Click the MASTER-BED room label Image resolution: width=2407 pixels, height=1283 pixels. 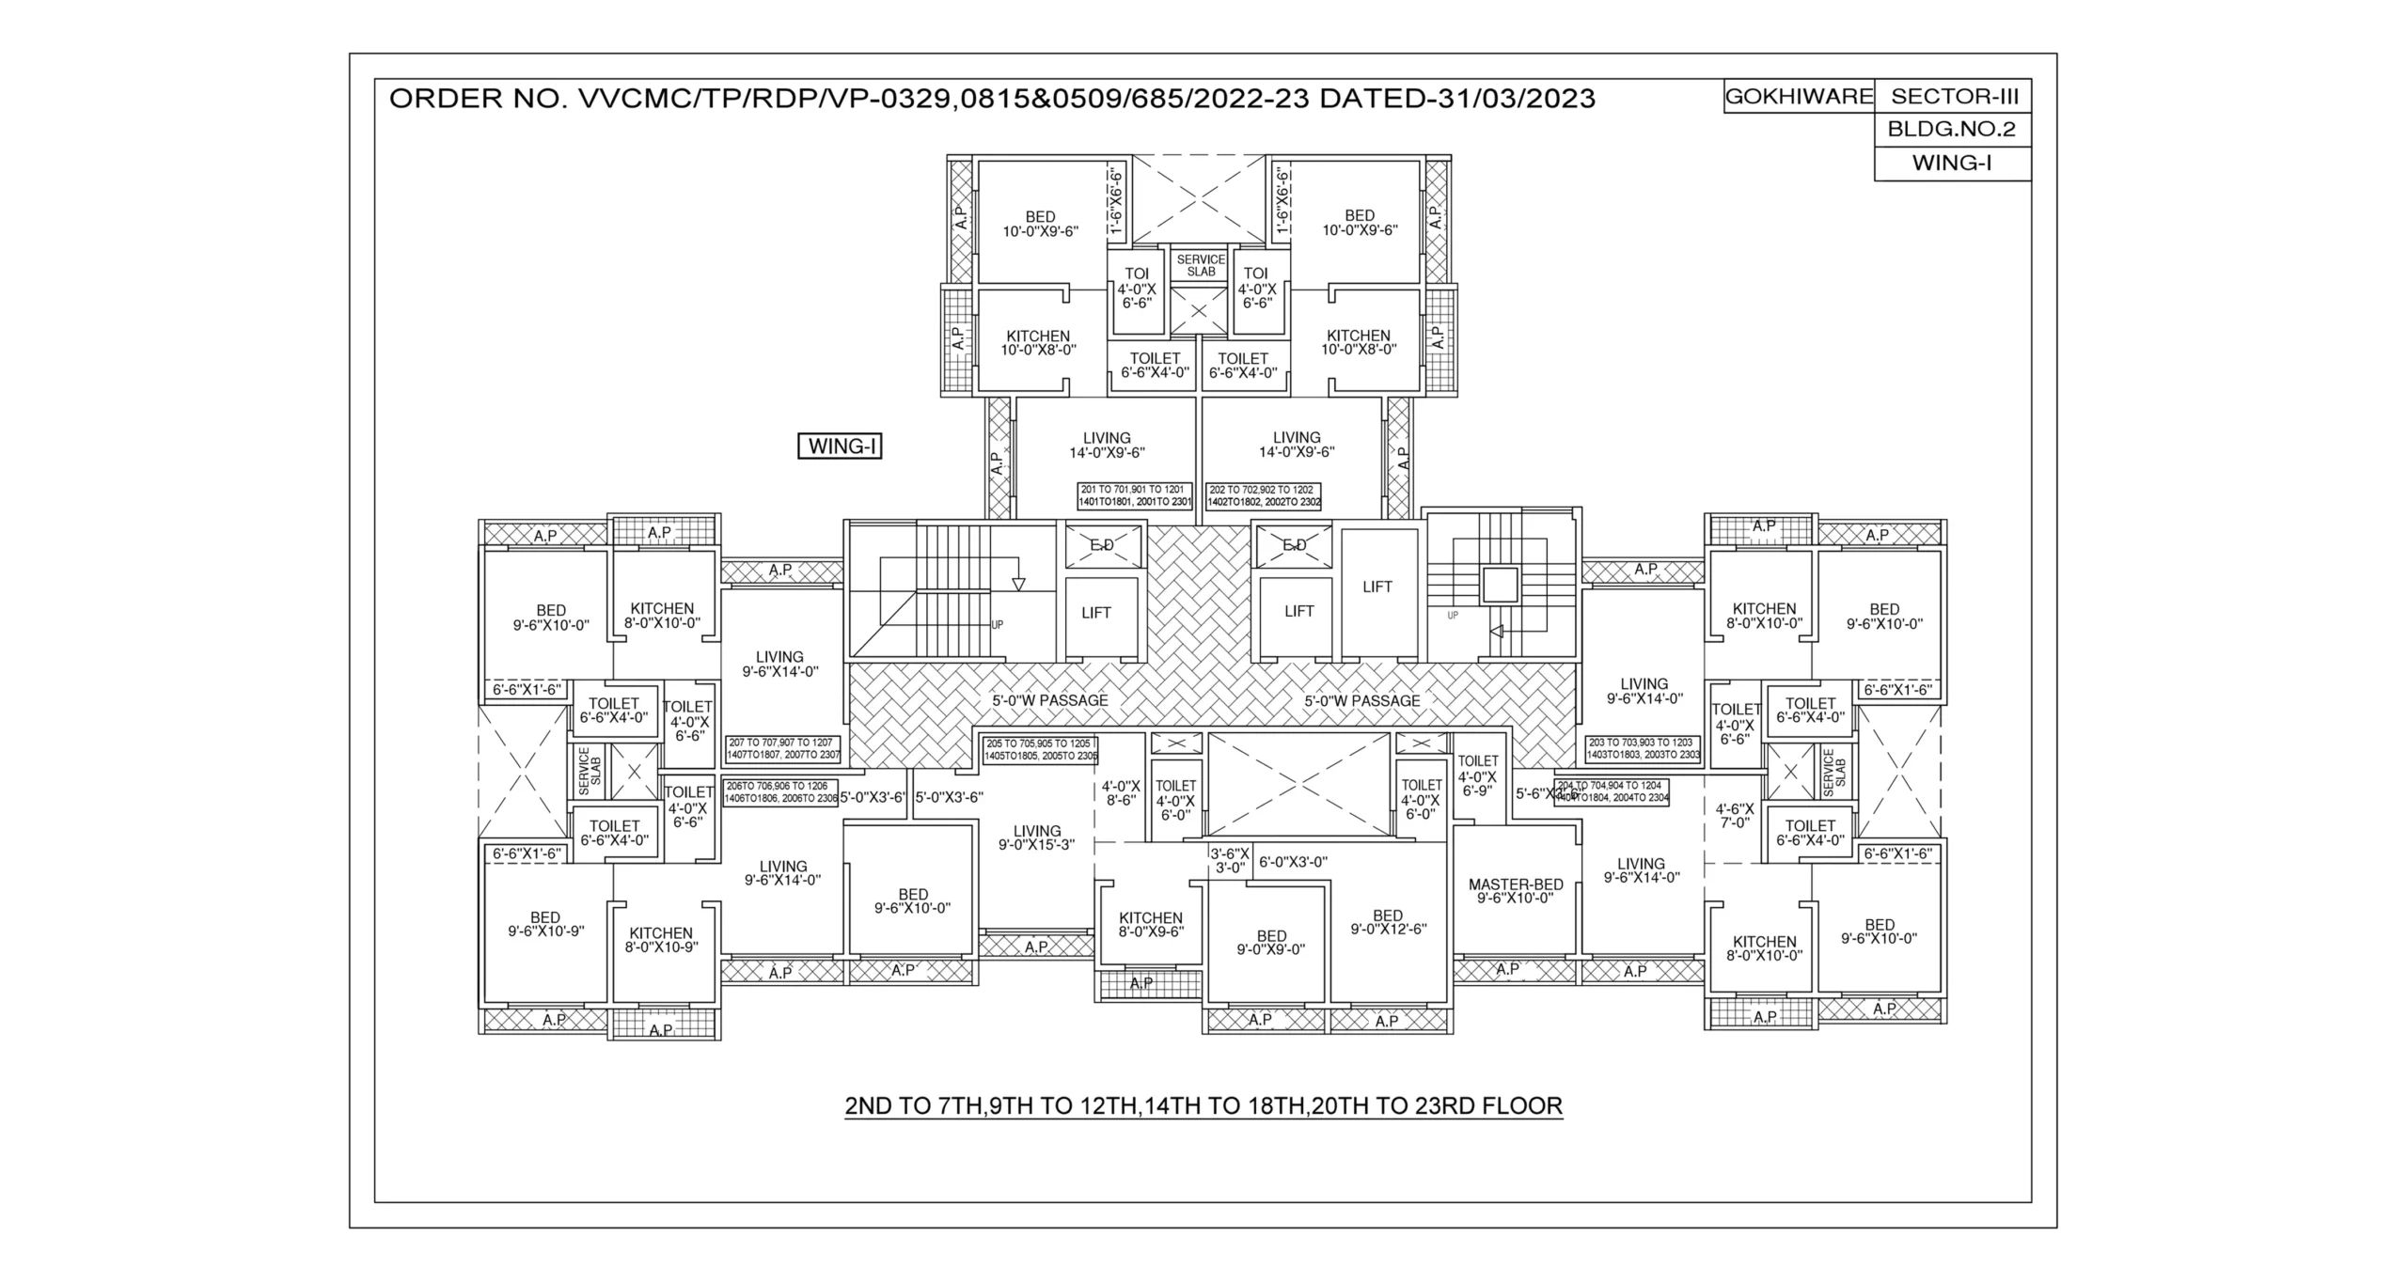[x=1516, y=891]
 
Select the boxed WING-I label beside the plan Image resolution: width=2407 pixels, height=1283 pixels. [x=840, y=446]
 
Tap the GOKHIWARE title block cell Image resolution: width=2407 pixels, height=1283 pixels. [x=1798, y=97]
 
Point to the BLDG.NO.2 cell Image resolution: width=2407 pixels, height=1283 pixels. [x=1952, y=130]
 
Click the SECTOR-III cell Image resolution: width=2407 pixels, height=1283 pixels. [x=1952, y=97]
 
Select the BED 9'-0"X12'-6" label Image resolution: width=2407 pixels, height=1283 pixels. [x=1388, y=922]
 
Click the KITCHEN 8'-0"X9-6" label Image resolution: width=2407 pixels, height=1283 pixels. [x=1150, y=925]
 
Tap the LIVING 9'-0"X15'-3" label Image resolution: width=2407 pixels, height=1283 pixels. [x=1037, y=837]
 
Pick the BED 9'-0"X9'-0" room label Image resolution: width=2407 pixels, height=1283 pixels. [x=1271, y=943]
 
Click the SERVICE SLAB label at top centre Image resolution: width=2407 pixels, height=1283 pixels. [x=1201, y=265]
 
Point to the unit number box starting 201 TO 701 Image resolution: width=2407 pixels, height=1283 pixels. [x=1135, y=496]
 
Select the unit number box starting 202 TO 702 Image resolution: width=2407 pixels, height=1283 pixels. [x=1264, y=496]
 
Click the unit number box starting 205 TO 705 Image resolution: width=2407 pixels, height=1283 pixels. [x=1040, y=749]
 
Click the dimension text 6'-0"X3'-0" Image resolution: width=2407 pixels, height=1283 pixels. [x=1293, y=861]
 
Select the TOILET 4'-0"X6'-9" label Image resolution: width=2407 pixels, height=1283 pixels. [x=1477, y=775]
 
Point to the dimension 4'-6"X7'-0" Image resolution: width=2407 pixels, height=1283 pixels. [x=1735, y=815]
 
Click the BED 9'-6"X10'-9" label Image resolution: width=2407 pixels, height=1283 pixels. [x=545, y=924]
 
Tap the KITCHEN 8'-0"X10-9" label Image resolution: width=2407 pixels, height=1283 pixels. [x=661, y=940]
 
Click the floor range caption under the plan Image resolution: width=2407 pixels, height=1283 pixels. [x=1203, y=1105]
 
